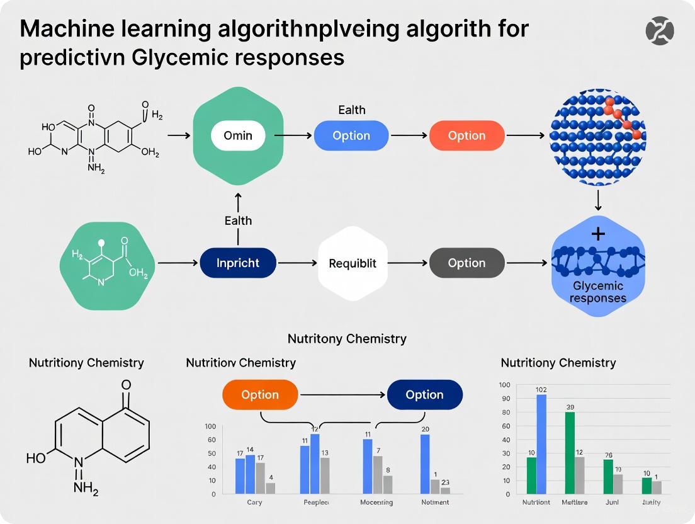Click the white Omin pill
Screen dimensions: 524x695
pos(238,135)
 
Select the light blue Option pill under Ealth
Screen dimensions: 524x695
pos(351,136)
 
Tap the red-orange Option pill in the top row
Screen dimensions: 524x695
pos(466,136)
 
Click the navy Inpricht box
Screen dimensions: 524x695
pos(238,263)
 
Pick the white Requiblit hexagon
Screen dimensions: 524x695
pos(353,263)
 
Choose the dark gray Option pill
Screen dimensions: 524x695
pos(466,263)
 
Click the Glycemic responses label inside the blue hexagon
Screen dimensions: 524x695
pos(597,292)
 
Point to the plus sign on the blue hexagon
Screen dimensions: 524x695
pos(598,234)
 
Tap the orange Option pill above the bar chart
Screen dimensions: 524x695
pos(260,395)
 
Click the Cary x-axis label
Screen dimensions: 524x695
pos(254,503)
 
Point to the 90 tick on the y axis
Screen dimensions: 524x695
pos(505,399)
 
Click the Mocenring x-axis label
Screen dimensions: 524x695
pos(376,503)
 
